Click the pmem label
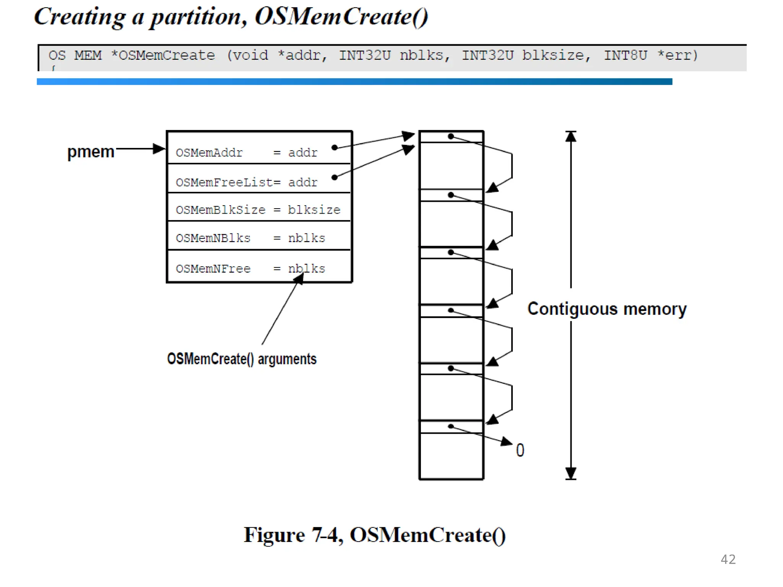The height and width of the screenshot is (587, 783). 91,152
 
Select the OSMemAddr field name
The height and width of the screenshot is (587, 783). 209,153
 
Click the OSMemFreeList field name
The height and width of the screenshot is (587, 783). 224,182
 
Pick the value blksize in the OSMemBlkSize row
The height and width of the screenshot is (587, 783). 314,210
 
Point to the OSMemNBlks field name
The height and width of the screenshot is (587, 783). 213,238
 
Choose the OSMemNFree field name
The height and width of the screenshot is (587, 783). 213,269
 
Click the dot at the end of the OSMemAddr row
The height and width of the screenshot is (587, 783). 335,148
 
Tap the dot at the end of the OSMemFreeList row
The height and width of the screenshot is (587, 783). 335,177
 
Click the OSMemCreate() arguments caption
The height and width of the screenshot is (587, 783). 242,359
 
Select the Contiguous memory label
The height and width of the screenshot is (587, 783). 607,309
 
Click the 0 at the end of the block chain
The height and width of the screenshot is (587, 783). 520,450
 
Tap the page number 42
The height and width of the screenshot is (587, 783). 728,559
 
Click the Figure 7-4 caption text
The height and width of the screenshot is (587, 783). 375,535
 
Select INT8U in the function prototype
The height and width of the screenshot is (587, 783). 625,55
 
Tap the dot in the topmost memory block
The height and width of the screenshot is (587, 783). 451,136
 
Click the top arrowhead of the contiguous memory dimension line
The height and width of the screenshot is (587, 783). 571,136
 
